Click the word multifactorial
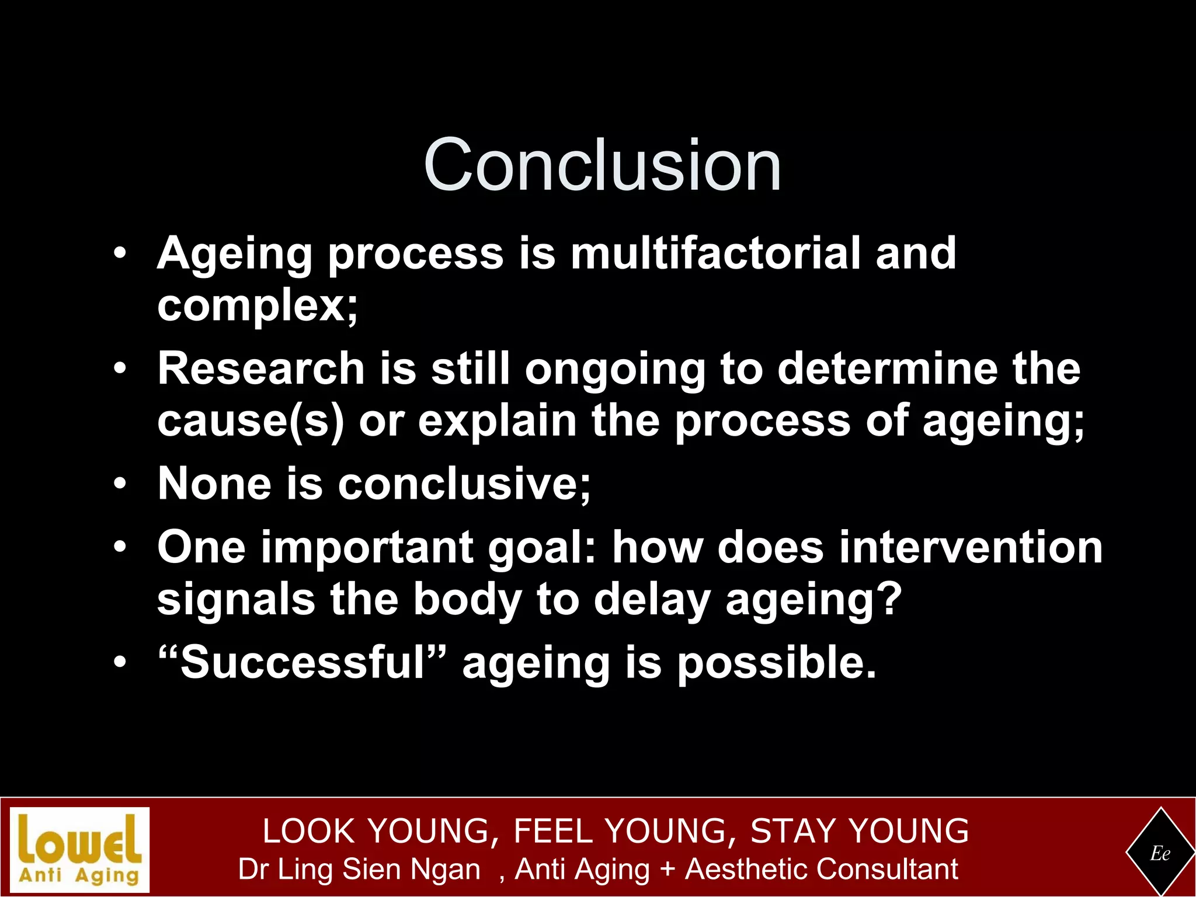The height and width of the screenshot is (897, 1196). (x=715, y=253)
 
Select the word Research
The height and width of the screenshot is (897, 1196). (x=261, y=369)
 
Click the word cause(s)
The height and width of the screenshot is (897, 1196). (x=251, y=421)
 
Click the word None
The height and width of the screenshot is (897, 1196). (x=214, y=484)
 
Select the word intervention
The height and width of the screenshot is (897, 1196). (x=971, y=548)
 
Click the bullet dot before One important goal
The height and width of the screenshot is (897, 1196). (x=120, y=548)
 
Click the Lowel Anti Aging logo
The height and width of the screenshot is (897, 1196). (x=80, y=850)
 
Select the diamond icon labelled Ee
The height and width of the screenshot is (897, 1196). (x=1160, y=853)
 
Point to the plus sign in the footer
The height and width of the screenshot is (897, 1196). (x=667, y=870)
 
